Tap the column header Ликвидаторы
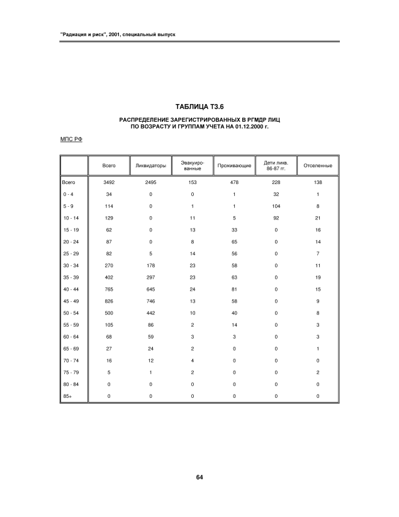150,166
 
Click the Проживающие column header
234,166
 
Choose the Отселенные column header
318,166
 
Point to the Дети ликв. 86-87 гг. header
276,166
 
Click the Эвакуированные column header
193,166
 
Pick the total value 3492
108,182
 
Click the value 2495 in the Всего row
150,182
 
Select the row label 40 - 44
69,289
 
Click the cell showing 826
108,301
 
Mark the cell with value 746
150,301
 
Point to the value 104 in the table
276,206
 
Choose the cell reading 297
150,277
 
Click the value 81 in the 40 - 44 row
234,289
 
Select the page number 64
199,477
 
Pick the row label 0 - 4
68,194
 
